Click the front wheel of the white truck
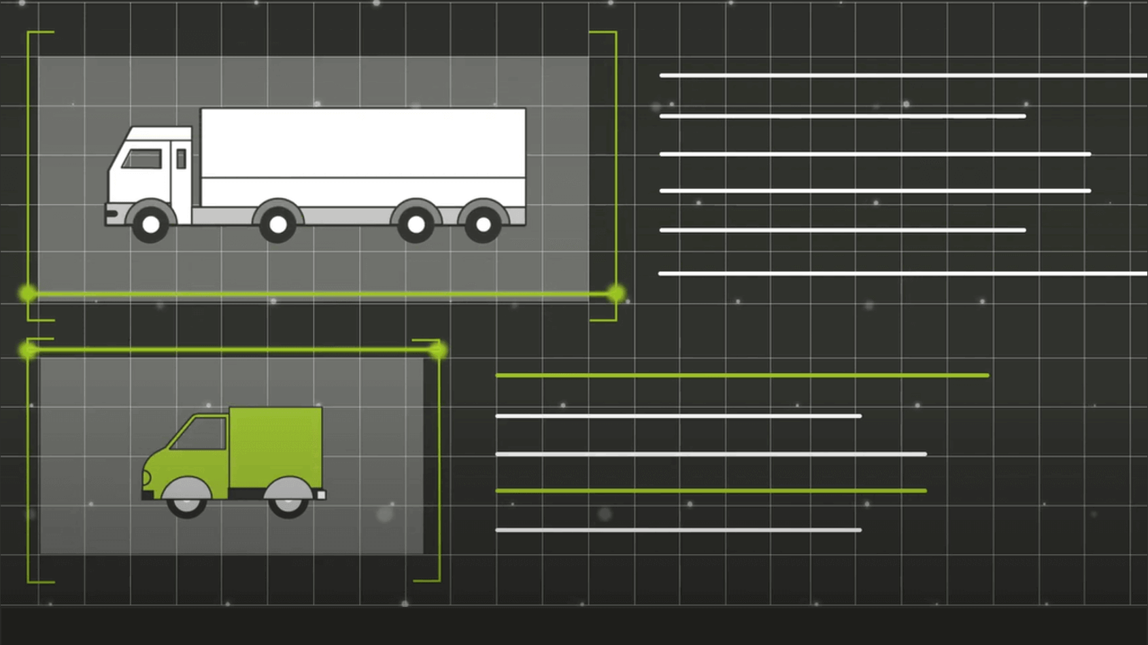point(150,224)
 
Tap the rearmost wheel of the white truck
point(483,224)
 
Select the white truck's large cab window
point(142,159)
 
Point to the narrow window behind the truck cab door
point(181,158)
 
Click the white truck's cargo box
point(363,156)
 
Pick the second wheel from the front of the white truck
point(277,224)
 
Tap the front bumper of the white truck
point(111,214)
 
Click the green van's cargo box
point(275,446)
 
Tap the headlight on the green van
point(146,477)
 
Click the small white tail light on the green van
point(321,495)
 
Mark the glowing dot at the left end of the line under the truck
point(28,294)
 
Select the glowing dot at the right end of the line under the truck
point(615,294)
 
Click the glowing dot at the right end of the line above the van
point(438,350)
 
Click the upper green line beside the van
point(741,375)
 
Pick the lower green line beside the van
point(711,490)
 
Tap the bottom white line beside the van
point(678,529)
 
